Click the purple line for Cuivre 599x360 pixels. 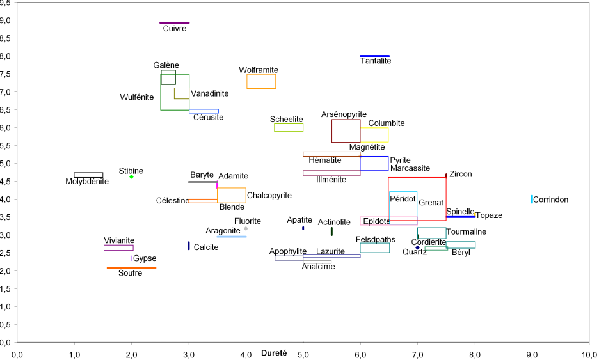click(x=174, y=22)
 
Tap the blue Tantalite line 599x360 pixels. click(x=374, y=56)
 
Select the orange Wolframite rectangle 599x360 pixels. click(x=261, y=81)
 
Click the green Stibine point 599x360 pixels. click(x=131, y=176)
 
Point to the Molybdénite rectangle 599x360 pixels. click(x=88, y=175)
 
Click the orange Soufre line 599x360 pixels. click(x=131, y=268)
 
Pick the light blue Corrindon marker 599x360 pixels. click(x=532, y=199)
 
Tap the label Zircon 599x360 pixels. click(x=461, y=174)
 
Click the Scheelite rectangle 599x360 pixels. click(x=288, y=128)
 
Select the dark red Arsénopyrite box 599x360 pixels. click(x=346, y=131)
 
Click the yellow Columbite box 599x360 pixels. click(x=374, y=135)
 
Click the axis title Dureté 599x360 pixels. click(x=275, y=353)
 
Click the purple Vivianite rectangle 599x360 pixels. click(x=118, y=247)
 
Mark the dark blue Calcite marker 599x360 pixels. click(x=189, y=246)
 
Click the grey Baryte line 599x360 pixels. click(x=202, y=182)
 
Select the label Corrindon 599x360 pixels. click(x=550, y=200)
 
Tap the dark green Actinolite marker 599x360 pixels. click(x=331, y=231)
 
